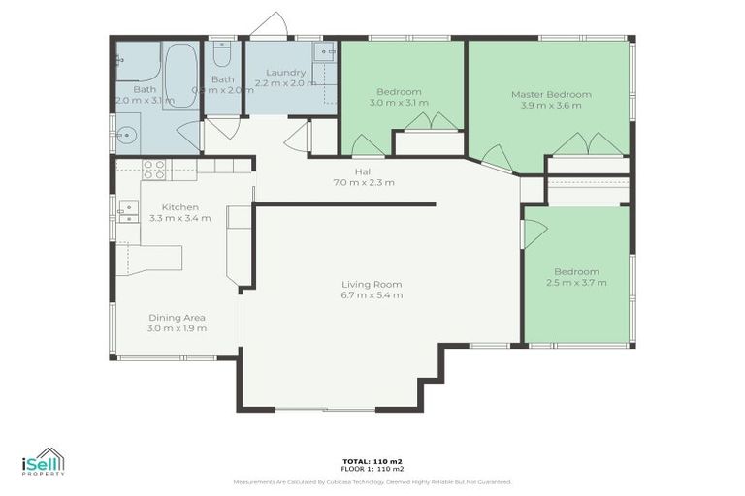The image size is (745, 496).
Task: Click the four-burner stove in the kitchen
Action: point(154,170)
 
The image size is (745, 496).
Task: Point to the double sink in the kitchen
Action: point(127,211)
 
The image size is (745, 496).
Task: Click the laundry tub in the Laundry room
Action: point(324,52)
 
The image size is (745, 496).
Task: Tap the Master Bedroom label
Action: point(551,94)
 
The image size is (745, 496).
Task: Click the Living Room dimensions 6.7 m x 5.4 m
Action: point(372,295)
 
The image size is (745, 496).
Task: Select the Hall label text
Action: point(364,170)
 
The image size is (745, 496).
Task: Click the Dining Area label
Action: point(177,317)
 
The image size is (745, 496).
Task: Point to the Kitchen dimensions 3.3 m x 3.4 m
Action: point(179,219)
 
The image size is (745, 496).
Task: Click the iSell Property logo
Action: point(44,462)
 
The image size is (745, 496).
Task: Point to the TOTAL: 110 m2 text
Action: point(372,461)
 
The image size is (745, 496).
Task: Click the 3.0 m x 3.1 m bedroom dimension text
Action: point(402,103)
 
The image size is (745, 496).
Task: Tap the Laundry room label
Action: point(285,72)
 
